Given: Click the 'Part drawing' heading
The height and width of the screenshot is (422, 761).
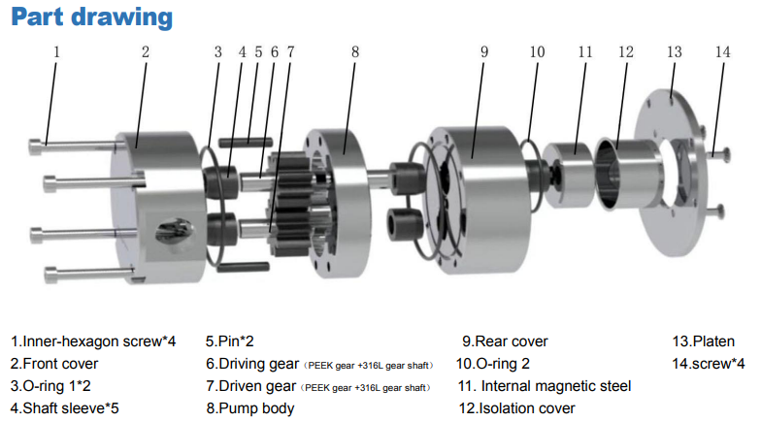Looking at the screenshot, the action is coord(91,17).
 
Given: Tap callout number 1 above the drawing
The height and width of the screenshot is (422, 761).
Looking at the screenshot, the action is coord(56,52).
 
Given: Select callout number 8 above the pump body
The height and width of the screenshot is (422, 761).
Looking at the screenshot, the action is coord(355,52).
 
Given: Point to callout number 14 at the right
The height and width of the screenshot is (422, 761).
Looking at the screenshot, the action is coord(722,52).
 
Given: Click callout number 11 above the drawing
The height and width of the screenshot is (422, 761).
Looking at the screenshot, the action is coord(585,52).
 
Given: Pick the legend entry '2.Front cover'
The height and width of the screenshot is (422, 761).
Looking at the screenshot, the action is coord(54,364).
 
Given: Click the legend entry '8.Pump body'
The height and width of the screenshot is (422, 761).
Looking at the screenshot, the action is coord(250,408).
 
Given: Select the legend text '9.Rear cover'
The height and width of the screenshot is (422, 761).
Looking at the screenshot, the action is coord(505,341).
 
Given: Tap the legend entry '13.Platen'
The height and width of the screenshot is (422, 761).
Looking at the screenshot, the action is coord(703,341).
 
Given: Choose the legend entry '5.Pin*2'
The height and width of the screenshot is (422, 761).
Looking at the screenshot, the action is coord(229,341).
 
